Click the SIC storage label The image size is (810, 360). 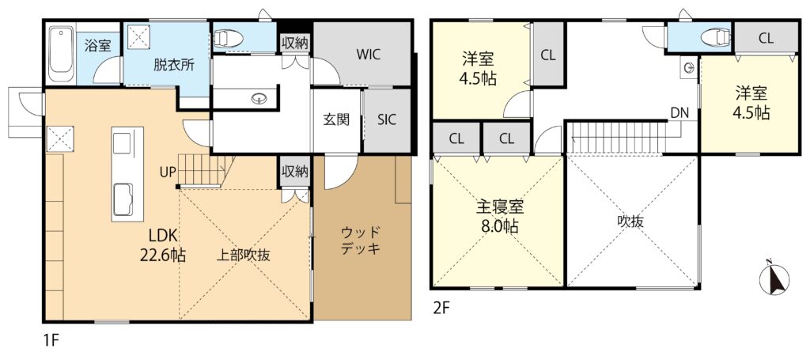pos(386,119)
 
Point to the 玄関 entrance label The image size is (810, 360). pos(336,119)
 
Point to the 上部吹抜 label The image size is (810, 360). pos(244,255)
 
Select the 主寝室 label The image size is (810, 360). pos(499,207)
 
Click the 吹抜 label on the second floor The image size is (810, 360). pos(630,222)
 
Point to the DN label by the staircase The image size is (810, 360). pos(679,112)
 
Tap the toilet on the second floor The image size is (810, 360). pos(715,36)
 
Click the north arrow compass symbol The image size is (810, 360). pos(774,279)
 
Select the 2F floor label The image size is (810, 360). pos(441,309)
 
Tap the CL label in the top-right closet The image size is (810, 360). pos(766,38)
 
